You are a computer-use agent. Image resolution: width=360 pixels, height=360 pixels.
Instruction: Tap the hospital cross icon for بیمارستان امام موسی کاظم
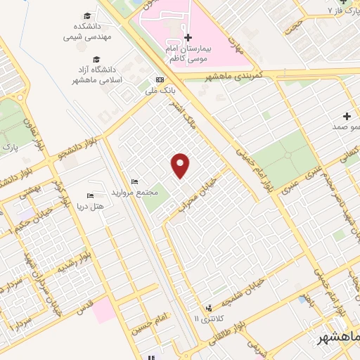(x=188, y=37)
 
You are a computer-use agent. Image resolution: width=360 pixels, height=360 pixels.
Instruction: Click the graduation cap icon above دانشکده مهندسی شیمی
(x=87, y=15)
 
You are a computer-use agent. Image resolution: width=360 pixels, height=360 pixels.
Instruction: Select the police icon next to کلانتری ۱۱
(x=208, y=308)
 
